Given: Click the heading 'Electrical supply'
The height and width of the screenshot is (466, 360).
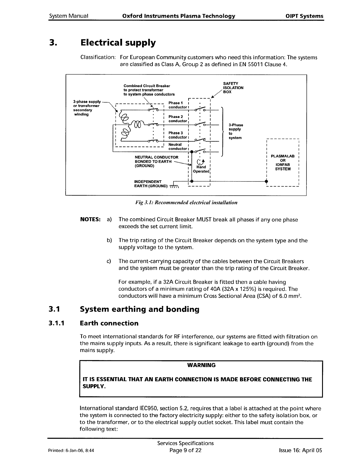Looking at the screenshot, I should click(x=118, y=43).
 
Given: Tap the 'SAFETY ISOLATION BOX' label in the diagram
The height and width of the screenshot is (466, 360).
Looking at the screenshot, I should click(x=233, y=88).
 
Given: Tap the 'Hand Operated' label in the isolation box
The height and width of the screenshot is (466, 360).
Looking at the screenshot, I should click(x=201, y=169).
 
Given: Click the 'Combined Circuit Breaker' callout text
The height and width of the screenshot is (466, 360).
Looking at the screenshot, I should click(x=147, y=86).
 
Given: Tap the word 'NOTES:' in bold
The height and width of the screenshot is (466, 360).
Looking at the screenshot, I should click(x=91, y=220).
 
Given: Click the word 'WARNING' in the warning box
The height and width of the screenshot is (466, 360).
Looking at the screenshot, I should click(x=201, y=365).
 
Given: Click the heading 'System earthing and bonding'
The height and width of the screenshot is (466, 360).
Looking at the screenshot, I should click(x=140, y=309).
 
